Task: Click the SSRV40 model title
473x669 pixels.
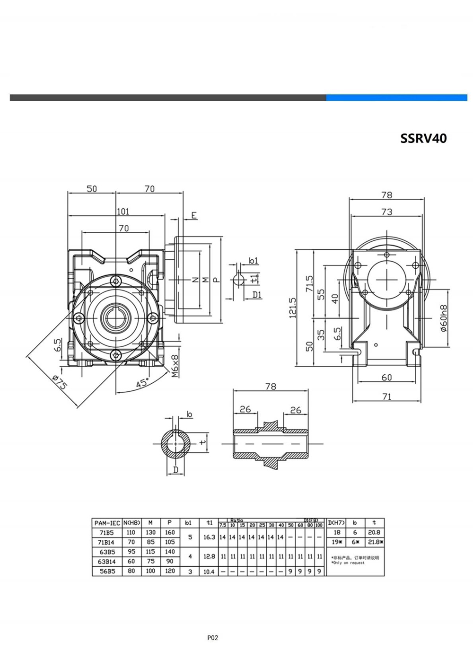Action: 423,138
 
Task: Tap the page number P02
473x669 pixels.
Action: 213,637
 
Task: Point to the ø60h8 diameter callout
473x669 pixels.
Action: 443,317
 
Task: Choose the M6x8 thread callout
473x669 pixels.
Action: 174,365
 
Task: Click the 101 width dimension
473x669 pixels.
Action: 123,211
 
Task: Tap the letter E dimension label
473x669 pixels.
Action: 193,215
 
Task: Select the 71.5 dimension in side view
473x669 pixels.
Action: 309,283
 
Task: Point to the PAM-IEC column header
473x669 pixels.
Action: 106,523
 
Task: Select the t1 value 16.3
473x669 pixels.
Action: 209,537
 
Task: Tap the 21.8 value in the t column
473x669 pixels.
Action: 374,542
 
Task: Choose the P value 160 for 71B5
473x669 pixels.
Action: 169,533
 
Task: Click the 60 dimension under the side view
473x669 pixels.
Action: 386,377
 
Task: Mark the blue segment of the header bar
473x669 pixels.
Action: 396,97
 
